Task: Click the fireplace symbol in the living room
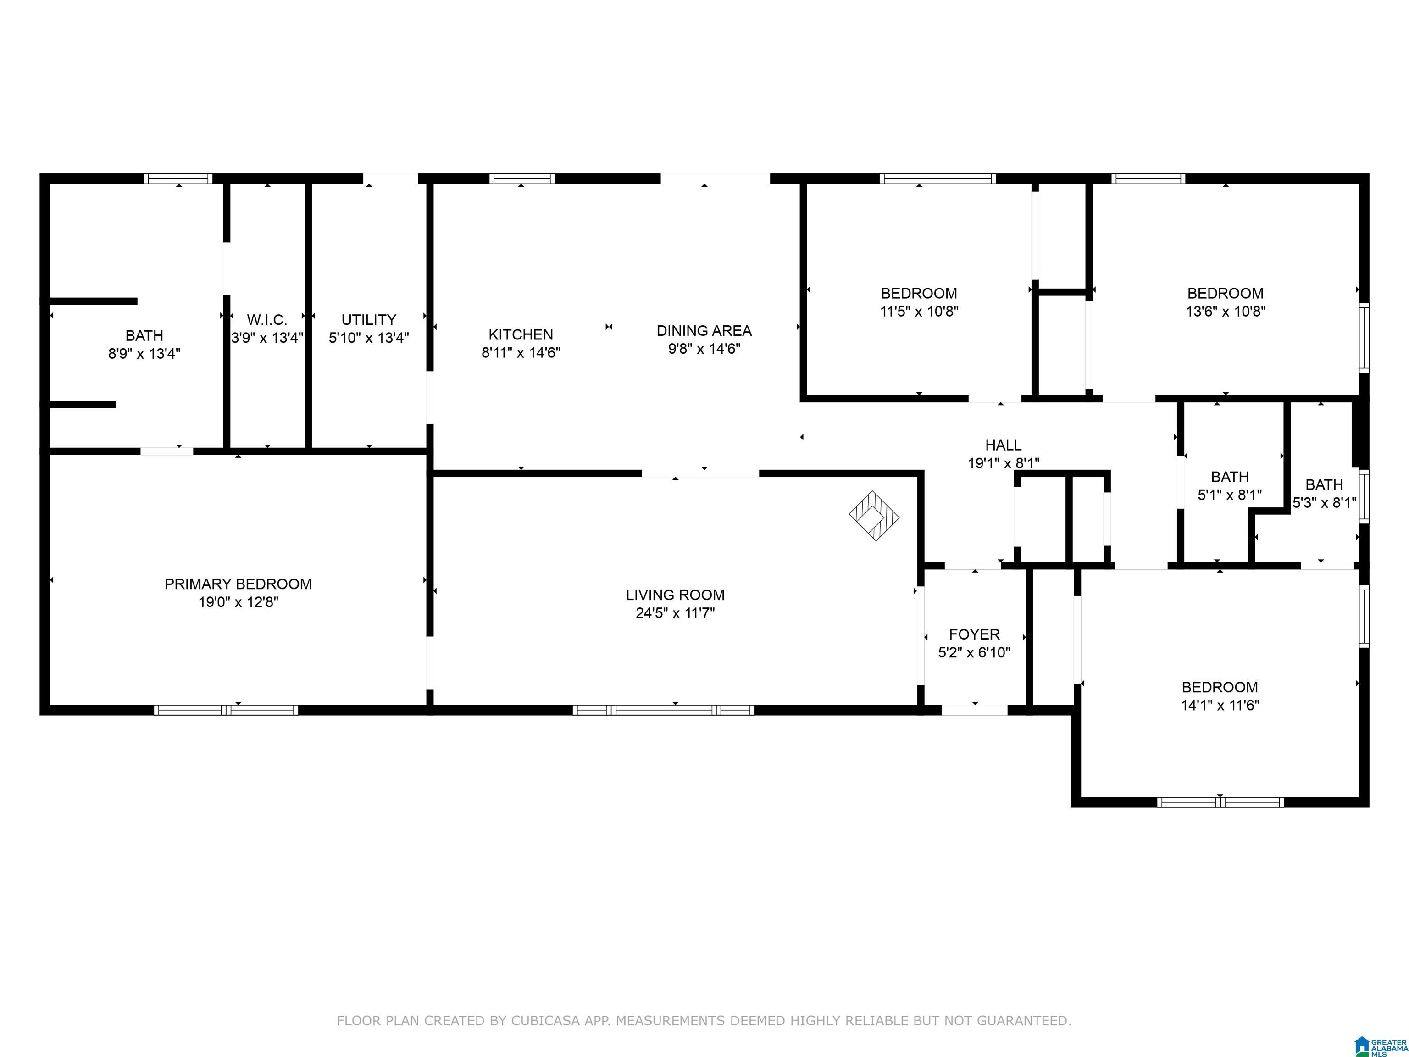[874, 516]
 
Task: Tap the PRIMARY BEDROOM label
[238, 584]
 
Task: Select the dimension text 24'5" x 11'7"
[675, 613]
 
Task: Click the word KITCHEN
[521, 334]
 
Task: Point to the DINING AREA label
[704, 331]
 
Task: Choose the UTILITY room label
[369, 319]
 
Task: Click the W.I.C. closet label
[267, 319]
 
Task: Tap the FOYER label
[974, 634]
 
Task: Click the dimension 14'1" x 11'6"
[1220, 705]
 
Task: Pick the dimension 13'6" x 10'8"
[1225, 312]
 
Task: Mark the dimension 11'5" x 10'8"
[919, 312]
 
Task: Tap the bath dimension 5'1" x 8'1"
[1229, 495]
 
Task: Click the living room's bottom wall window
[663, 710]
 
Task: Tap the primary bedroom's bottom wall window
[226, 710]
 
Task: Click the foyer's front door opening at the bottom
[974, 710]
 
